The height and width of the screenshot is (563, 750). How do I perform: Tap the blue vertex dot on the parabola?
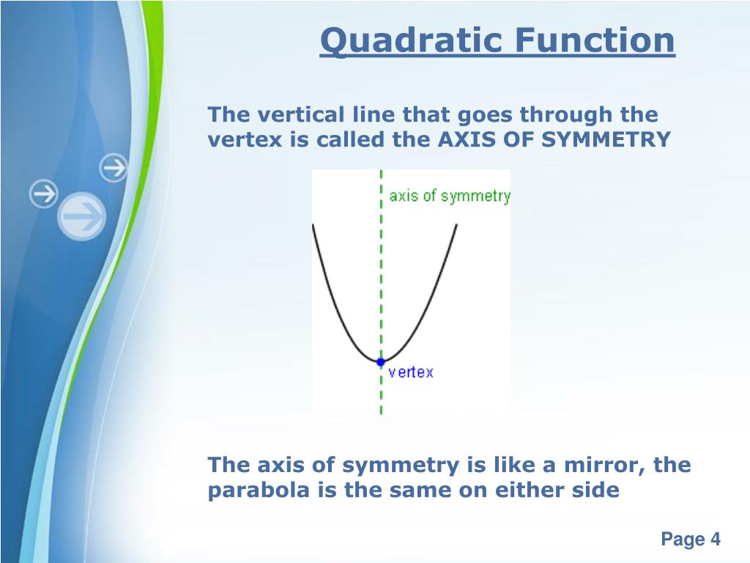(381, 362)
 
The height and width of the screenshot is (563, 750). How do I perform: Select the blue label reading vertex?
(411, 372)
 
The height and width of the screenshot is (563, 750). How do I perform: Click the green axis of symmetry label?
(450, 196)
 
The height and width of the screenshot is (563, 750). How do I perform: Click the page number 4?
(715, 539)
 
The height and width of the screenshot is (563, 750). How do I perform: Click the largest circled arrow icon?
(82, 216)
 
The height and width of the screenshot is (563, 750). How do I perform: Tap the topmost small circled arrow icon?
(114, 168)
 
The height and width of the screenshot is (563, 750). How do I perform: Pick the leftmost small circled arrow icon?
(43, 194)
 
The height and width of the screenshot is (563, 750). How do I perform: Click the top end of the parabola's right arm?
(457, 224)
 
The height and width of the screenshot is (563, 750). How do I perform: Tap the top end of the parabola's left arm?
(313, 224)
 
